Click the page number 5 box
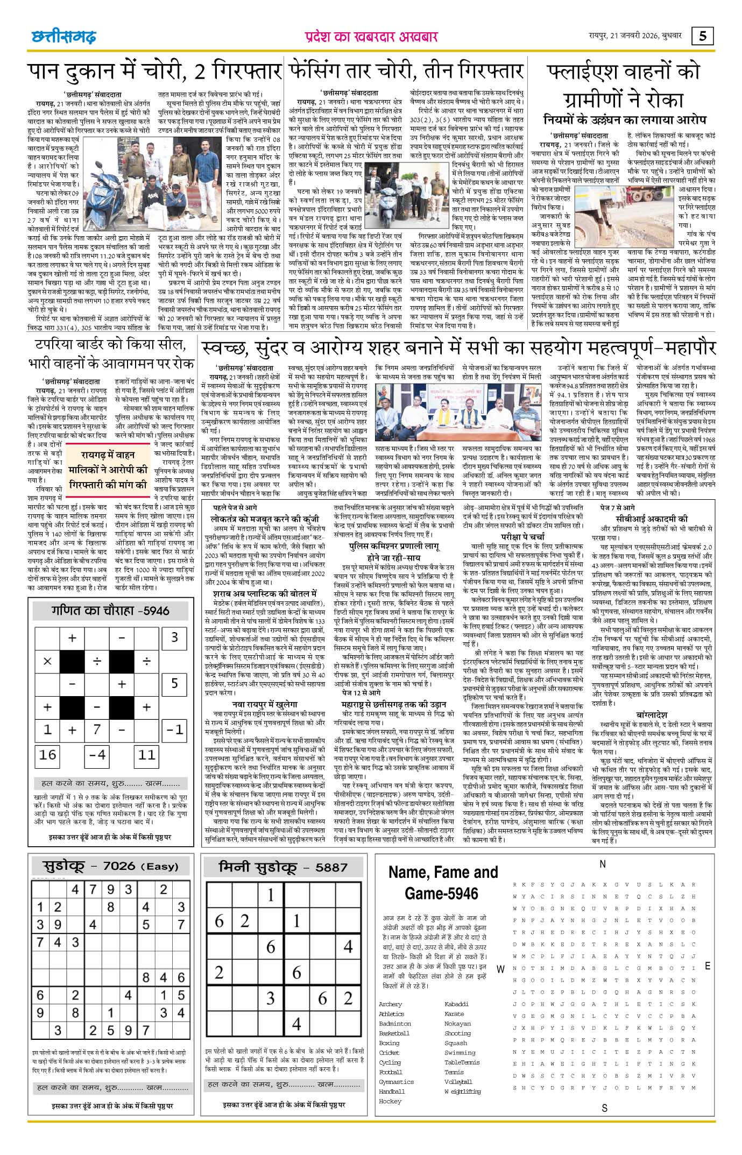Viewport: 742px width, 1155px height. click(703, 36)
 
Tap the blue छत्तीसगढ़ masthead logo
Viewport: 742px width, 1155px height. click(63, 37)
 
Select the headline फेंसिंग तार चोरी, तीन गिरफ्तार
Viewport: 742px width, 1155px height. click(406, 71)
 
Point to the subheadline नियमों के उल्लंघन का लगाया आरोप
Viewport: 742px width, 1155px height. click(624, 119)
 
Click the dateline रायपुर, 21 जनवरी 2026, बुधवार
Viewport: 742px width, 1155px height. click(635, 36)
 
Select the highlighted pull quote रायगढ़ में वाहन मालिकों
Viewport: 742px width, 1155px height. click(108, 470)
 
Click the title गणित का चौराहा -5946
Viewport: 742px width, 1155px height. click(110, 611)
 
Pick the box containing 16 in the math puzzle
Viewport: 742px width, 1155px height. click(48, 755)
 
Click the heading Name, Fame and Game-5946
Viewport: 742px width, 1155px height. click(443, 882)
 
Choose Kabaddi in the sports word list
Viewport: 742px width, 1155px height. click(456, 1004)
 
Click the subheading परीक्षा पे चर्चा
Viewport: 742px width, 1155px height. click(522, 536)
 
